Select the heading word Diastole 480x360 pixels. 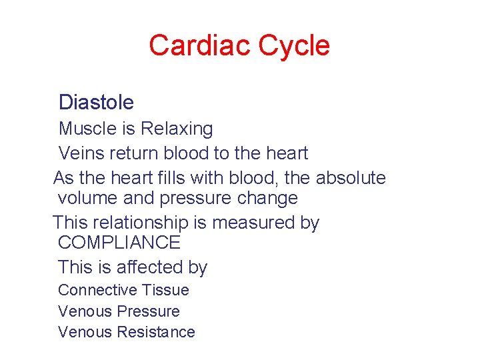[x=96, y=102]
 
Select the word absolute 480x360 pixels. [x=351, y=178]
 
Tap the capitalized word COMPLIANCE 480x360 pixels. [x=119, y=243]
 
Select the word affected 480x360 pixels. [x=150, y=267]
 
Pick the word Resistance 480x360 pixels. [x=156, y=332]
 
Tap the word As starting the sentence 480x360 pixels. [x=63, y=178]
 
